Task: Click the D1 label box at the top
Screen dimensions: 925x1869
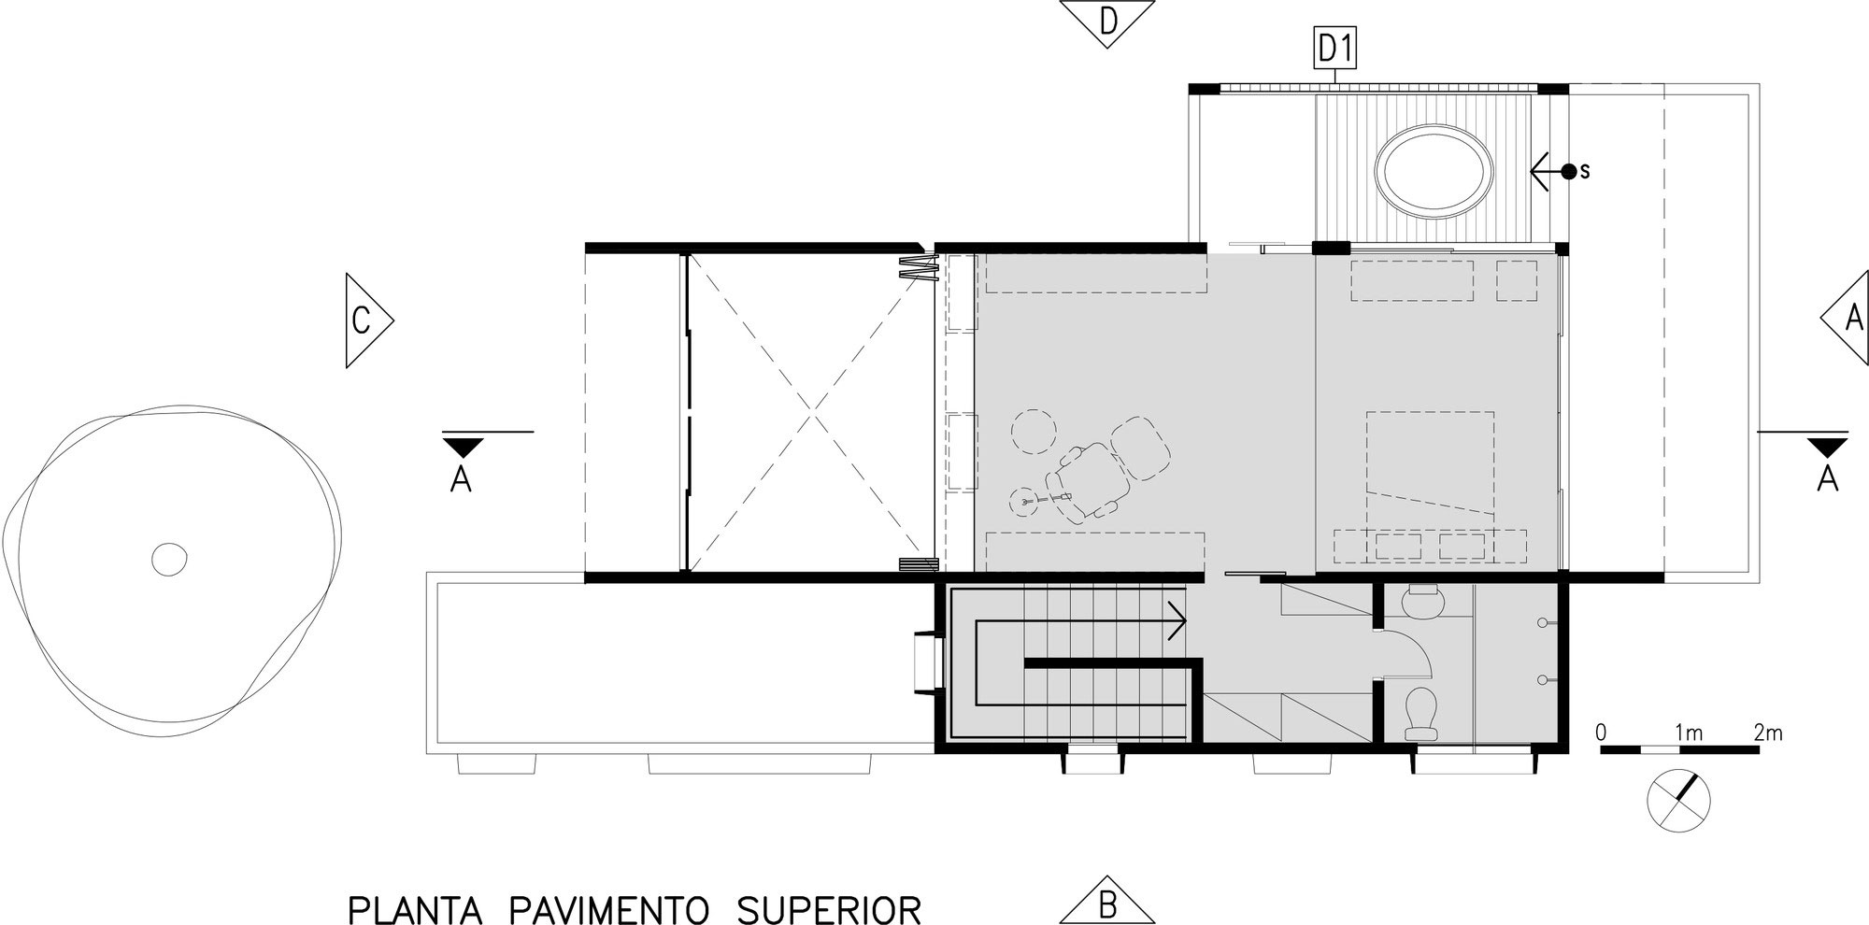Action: point(1335,50)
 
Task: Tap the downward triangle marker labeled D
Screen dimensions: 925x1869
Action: point(1106,21)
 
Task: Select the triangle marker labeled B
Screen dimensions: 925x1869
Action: point(1106,904)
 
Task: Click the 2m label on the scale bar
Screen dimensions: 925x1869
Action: point(1767,733)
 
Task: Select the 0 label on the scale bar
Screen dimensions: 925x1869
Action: point(1602,733)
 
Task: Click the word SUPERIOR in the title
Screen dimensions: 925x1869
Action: point(828,909)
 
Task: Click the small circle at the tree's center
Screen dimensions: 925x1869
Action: point(170,559)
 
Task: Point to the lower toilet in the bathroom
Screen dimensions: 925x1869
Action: point(1422,715)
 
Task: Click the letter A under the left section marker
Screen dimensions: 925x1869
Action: point(461,479)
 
